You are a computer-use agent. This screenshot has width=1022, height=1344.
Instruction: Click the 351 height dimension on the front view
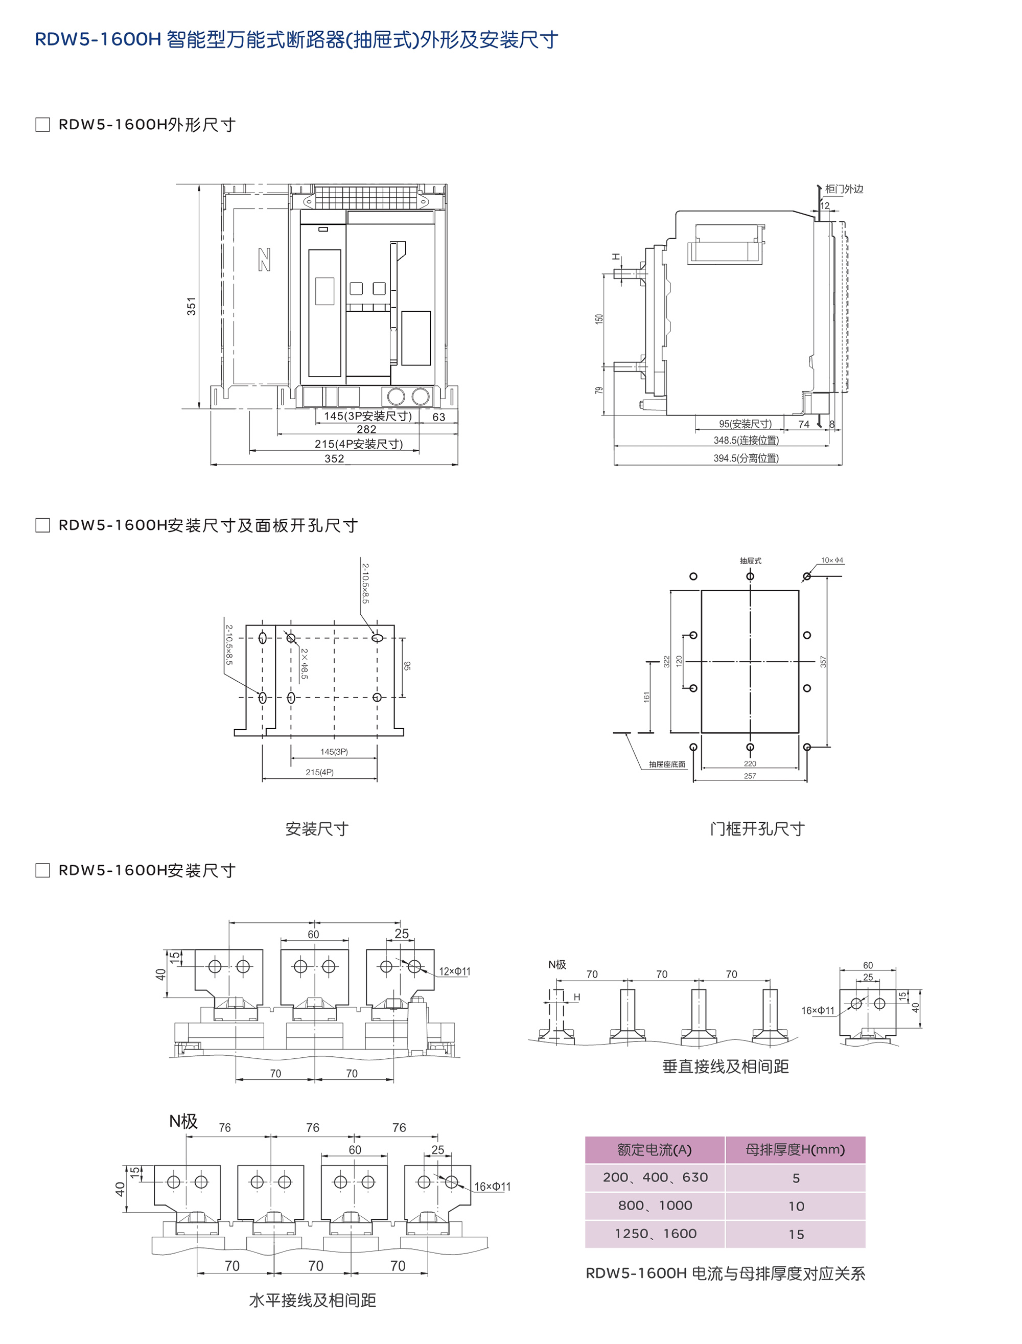click(192, 306)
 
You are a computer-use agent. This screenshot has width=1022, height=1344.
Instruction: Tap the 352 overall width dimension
click(334, 459)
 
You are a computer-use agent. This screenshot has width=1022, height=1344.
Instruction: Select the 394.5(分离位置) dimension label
click(746, 458)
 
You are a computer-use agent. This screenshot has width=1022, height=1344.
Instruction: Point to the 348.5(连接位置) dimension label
click(746, 440)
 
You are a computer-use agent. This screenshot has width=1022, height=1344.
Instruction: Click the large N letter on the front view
click(264, 260)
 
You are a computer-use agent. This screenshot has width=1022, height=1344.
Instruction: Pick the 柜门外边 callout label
click(844, 189)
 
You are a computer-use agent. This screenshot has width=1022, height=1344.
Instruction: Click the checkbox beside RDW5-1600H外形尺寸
click(42, 125)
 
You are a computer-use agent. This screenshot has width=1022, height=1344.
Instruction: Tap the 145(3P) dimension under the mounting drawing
click(334, 752)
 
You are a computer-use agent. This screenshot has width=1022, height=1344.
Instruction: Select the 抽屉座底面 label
click(667, 764)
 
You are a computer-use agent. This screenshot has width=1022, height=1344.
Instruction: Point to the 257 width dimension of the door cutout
click(750, 776)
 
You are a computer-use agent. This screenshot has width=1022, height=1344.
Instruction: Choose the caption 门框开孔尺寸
click(757, 829)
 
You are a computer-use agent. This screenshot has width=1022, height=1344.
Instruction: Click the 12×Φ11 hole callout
click(455, 971)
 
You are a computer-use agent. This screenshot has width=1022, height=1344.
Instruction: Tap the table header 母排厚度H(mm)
click(795, 1150)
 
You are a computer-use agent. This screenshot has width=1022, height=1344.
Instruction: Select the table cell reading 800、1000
click(655, 1206)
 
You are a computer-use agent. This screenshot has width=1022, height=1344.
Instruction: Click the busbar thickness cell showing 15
click(796, 1235)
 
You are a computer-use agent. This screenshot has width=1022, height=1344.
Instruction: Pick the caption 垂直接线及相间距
click(725, 1067)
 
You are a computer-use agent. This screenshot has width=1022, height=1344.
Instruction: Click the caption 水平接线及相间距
click(313, 1300)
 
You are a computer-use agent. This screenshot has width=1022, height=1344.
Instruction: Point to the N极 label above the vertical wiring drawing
click(556, 964)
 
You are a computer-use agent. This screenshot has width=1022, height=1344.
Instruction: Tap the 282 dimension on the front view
click(366, 429)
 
